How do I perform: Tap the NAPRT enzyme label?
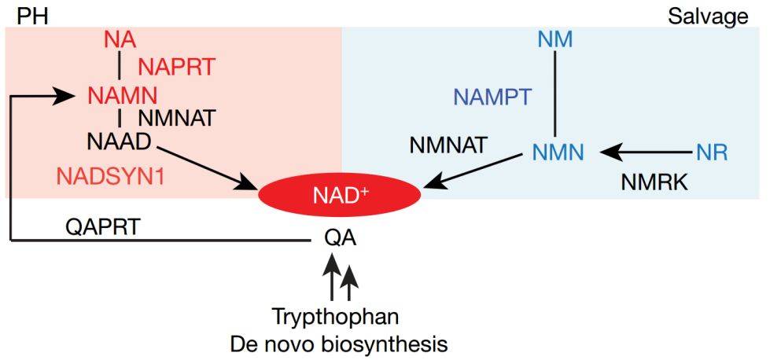coord(176,67)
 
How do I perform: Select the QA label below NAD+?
coord(340,236)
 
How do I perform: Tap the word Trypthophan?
coord(336,318)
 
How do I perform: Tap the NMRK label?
coord(654,182)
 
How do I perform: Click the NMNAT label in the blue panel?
coord(449,145)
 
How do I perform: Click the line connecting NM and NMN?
coord(555,94)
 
